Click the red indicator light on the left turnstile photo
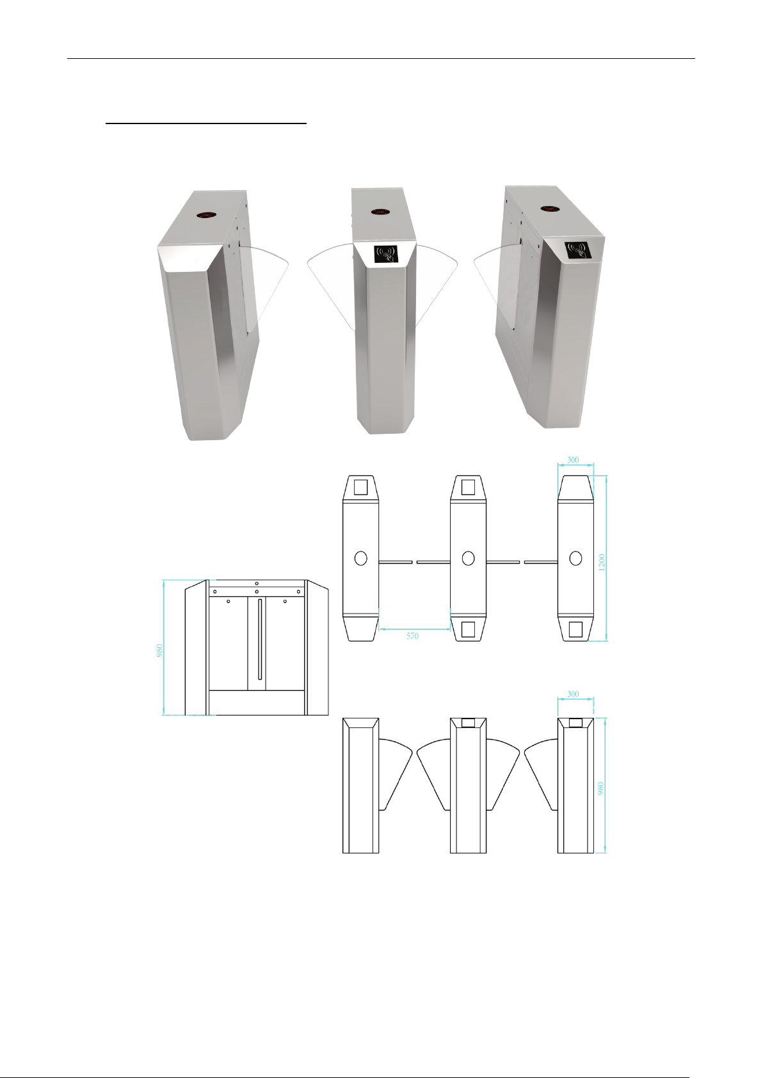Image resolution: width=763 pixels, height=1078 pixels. click(207, 215)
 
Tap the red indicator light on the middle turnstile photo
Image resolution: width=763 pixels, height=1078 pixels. click(380, 212)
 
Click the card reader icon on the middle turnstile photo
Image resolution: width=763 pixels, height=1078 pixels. click(386, 253)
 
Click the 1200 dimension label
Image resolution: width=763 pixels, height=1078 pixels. click(601, 562)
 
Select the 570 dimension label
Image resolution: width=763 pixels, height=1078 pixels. click(413, 636)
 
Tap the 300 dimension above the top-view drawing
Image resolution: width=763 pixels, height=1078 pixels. click(573, 459)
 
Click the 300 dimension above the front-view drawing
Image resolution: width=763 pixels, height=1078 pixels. click(573, 694)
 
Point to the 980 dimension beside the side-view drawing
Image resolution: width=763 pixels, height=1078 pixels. click(159, 650)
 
